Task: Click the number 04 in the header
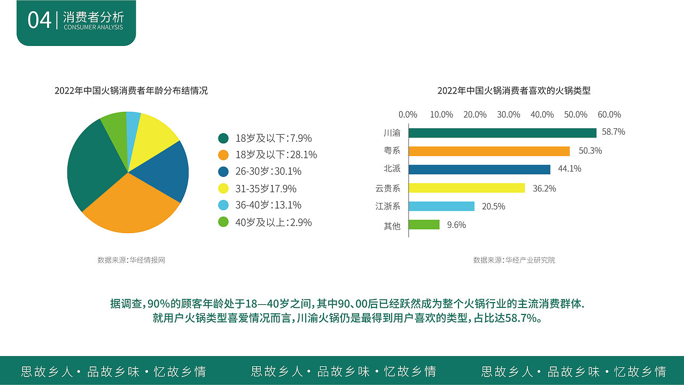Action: click(39, 20)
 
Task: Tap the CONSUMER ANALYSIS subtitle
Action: click(93, 27)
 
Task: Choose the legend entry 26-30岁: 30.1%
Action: click(268, 172)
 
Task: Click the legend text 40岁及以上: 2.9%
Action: click(273, 222)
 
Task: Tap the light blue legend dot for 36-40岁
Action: click(223, 205)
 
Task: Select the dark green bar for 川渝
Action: click(502, 133)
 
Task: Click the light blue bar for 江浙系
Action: click(441, 206)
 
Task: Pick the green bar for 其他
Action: click(424, 225)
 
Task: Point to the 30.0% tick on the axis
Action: click(508, 114)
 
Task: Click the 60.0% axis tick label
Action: click(609, 114)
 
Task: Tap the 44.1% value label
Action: click(569, 169)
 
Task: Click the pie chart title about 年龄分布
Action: click(131, 91)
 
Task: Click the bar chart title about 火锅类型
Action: click(514, 91)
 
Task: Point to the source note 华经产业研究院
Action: click(514, 260)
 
